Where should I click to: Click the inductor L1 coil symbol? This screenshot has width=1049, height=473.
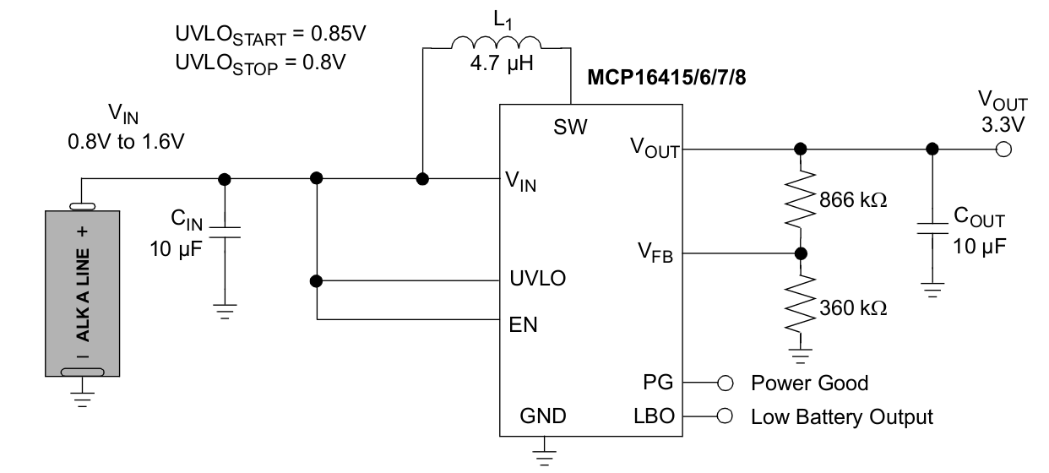(x=497, y=42)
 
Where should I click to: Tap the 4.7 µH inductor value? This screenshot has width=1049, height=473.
(x=502, y=63)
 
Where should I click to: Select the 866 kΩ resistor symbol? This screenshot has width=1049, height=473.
(x=801, y=199)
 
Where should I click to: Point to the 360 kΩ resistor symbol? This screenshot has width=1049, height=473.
(x=801, y=304)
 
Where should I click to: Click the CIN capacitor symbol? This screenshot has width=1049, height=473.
(x=225, y=233)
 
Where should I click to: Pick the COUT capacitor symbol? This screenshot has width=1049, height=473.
(x=932, y=228)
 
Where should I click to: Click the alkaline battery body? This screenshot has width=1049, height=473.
(x=83, y=293)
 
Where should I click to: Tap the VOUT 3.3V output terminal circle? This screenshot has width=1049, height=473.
(x=1003, y=150)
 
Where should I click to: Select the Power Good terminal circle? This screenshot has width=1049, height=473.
(x=725, y=383)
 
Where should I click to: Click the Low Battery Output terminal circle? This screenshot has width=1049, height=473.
(x=725, y=416)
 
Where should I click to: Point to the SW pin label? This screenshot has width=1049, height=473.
(x=570, y=127)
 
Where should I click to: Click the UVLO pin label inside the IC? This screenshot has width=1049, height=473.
(x=538, y=278)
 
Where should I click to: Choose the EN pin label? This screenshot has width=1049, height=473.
(x=523, y=324)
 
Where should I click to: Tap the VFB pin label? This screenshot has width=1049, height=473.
(x=655, y=253)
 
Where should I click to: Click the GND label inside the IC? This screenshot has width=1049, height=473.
(x=543, y=416)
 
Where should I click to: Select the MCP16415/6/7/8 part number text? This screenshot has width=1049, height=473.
(x=666, y=77)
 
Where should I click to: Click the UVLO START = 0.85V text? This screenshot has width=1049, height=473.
(x=270, y=35)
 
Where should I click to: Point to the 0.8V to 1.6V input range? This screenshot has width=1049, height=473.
(x=126, y=141)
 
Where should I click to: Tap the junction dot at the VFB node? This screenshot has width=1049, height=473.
(x=801, y=253)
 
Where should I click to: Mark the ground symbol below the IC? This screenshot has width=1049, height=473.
(x=544, y=458)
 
